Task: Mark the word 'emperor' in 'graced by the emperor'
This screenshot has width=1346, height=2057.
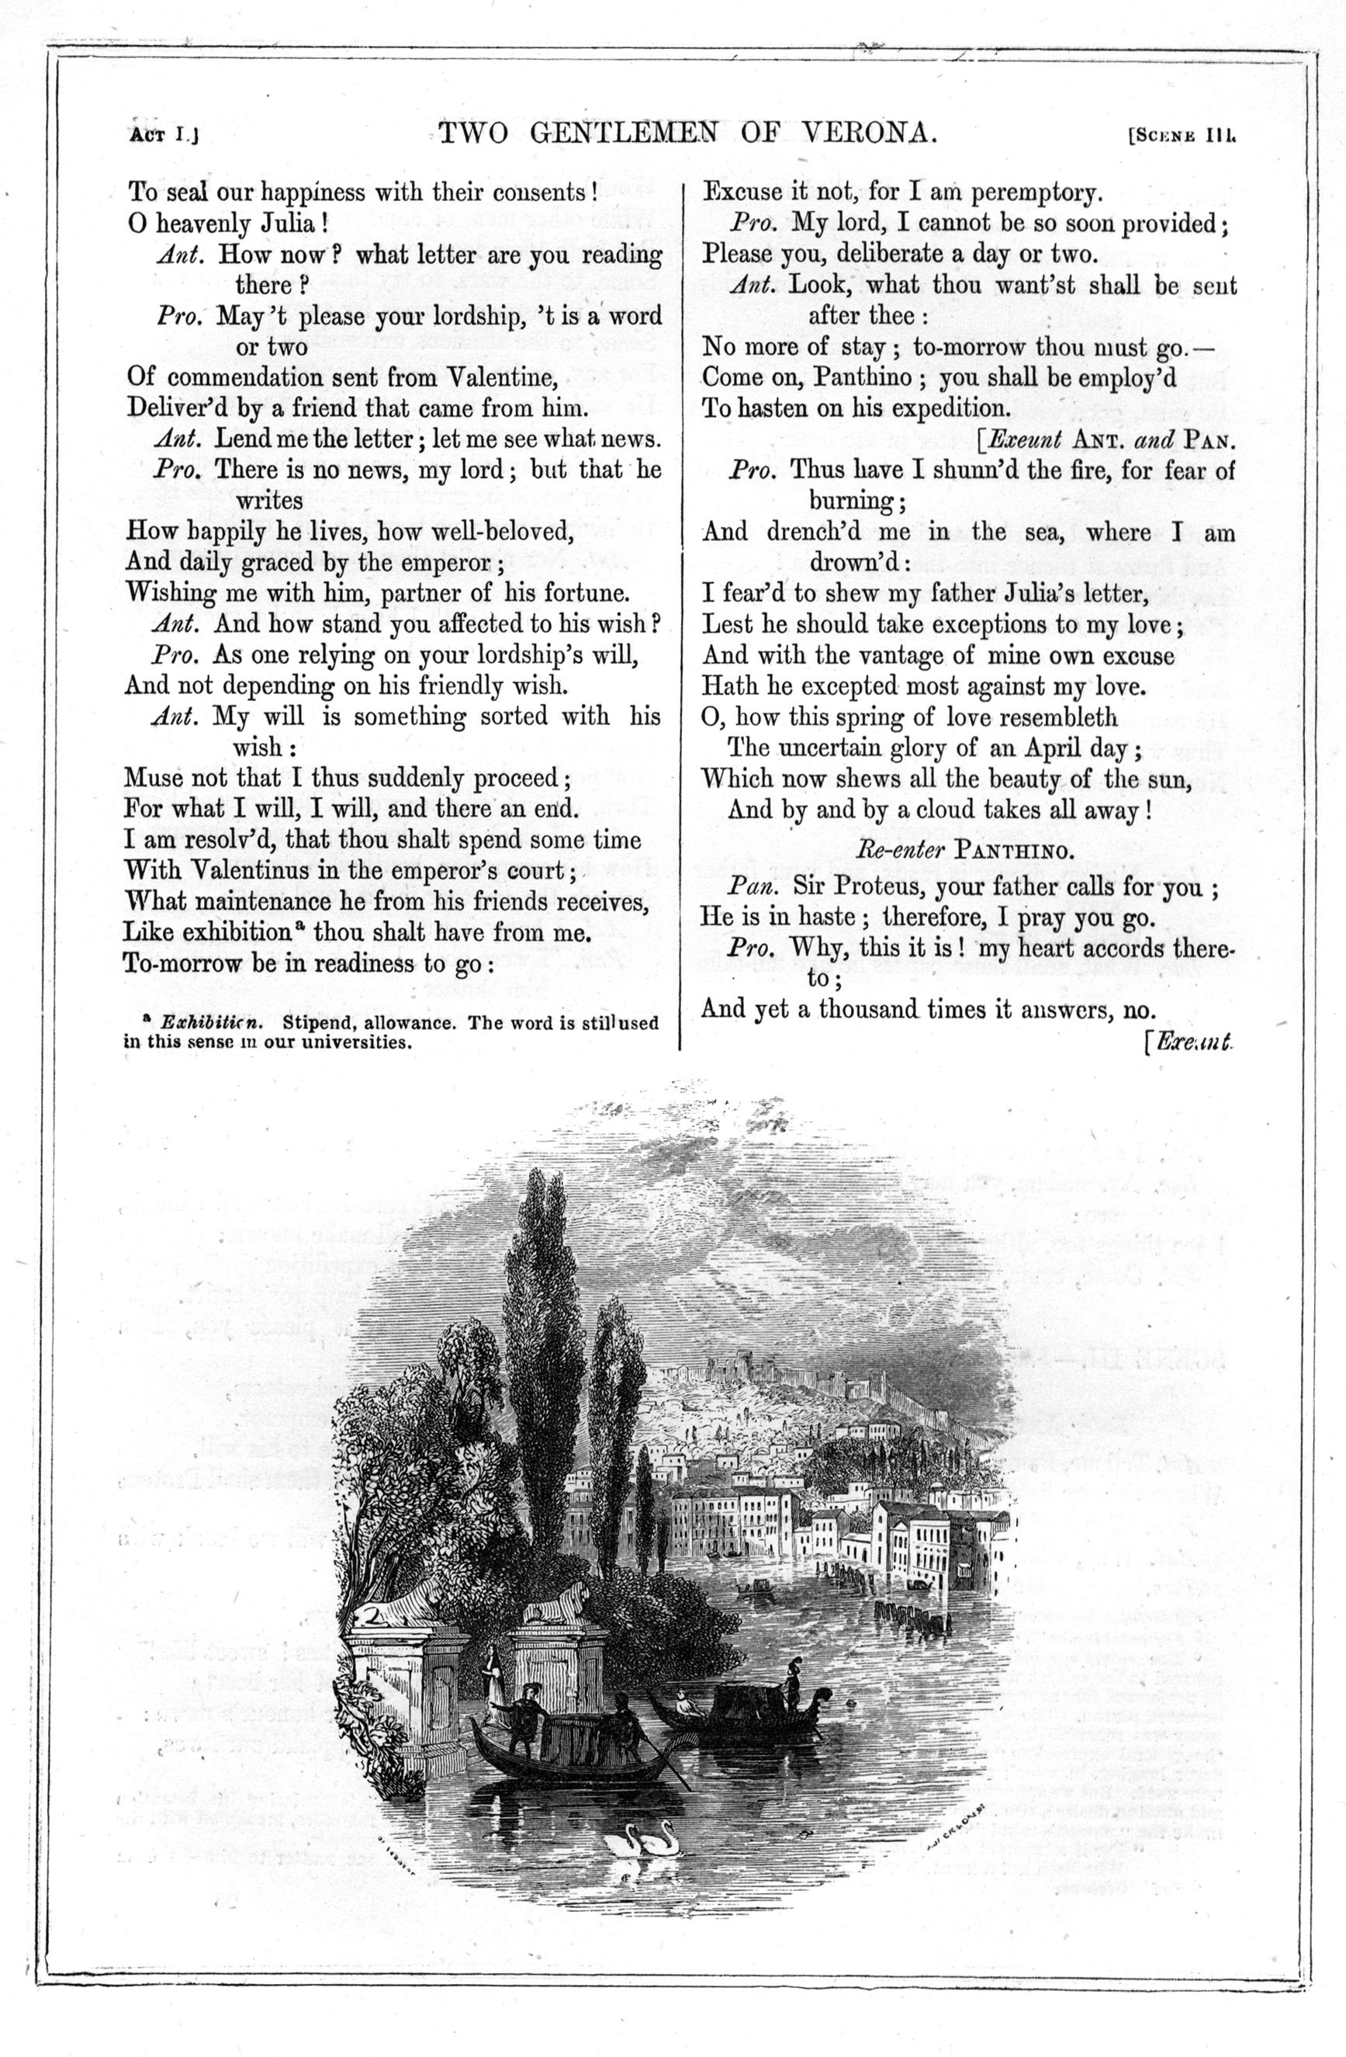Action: [442, 562]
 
